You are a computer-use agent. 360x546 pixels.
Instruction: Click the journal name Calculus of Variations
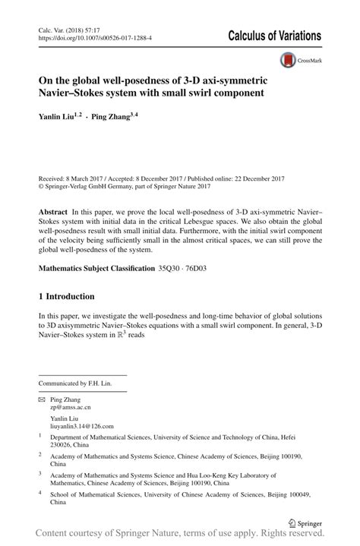coord(274,36)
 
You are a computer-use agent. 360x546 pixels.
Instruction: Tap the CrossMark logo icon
coord(288,61)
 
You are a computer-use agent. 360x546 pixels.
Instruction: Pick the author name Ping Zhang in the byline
coord(111,118)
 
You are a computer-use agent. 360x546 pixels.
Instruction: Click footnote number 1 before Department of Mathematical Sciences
coord(40,437)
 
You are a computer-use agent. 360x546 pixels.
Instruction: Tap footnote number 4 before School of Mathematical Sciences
coord(40,494)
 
